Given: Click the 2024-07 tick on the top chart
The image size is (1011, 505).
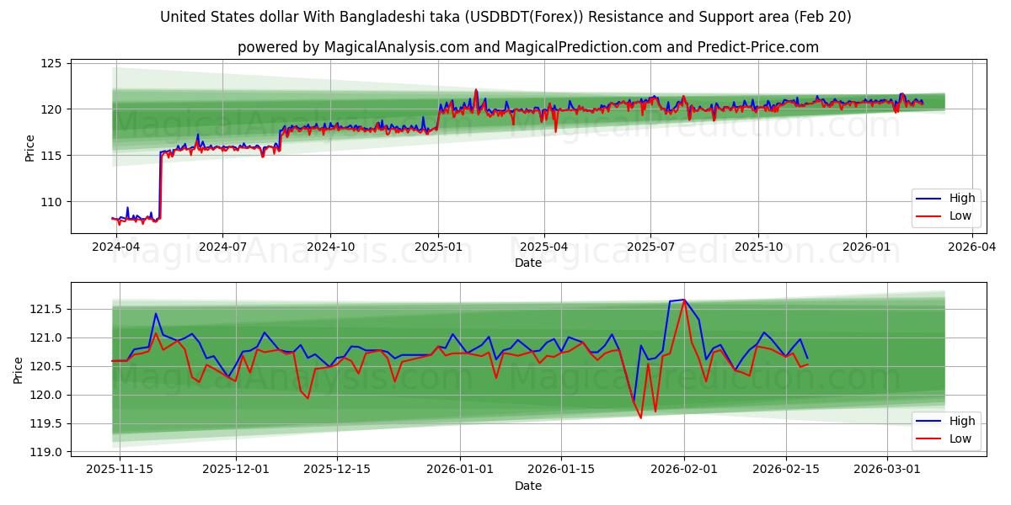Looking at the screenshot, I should [x=222, y=247].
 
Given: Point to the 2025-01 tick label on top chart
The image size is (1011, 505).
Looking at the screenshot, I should [x=437, y=247].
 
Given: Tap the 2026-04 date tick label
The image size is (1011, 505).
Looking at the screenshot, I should [x=972, y=247].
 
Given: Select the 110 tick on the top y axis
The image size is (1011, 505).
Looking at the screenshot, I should [x=52, y=202].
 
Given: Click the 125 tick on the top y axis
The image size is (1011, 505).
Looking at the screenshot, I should [x=52, y=63].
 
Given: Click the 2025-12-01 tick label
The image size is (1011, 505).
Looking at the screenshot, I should [x=237, y=470].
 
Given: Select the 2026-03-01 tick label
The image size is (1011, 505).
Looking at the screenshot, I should [x=887, y=470].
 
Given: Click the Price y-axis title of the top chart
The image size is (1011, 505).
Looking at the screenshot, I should [x=30, y=148].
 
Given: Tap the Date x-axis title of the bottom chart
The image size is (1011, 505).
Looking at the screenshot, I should [x=528, y=486].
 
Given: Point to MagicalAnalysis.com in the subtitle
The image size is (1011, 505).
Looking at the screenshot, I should [x=396, y=47].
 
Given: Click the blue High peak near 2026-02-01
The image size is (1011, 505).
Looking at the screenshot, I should [x=683, y=300].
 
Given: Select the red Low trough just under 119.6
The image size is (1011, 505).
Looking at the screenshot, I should [x=640, y=417].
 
